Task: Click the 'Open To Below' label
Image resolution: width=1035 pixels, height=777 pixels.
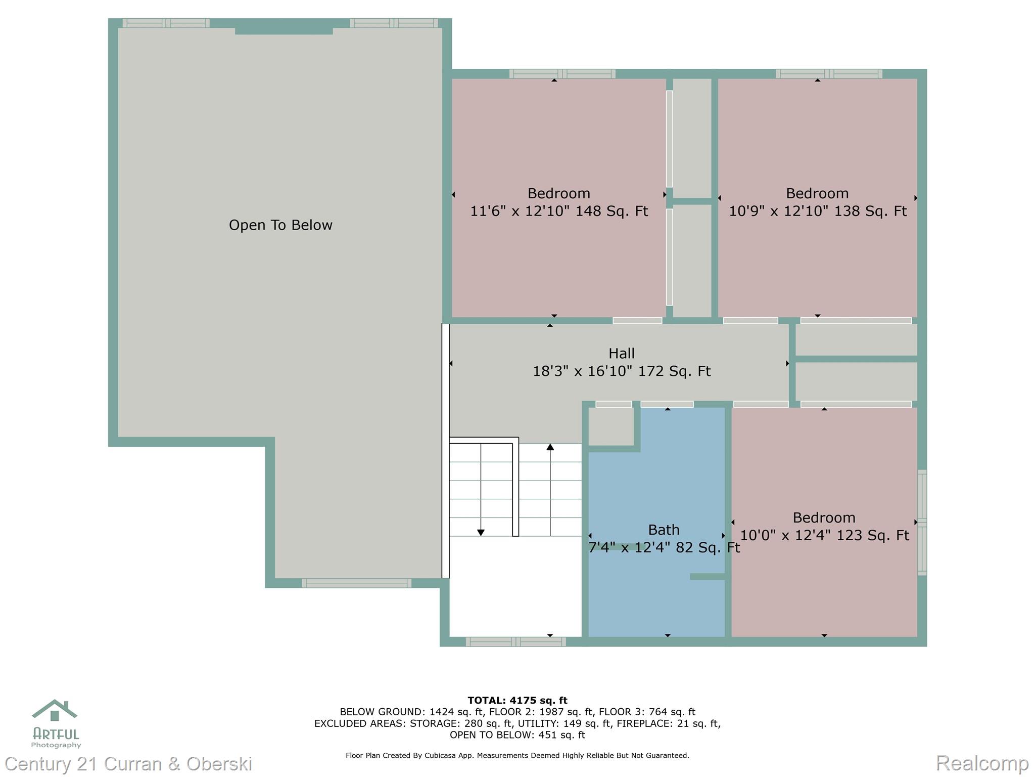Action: click(280, 225)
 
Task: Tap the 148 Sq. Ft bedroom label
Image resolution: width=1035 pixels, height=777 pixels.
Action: click(558, 202)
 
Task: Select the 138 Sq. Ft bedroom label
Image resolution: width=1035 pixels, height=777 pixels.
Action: click(817, 202)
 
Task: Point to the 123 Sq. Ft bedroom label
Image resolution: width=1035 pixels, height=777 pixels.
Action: click(824, 527)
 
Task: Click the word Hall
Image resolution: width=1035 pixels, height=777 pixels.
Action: click(621, 353)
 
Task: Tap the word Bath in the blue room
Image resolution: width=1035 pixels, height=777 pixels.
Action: click(664, 530)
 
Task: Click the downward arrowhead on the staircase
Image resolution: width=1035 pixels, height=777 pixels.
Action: click(481, 533)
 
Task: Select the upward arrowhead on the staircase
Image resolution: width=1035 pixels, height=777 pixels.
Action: click(550, 447)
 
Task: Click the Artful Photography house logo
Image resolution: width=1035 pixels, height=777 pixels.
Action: click(55, 711)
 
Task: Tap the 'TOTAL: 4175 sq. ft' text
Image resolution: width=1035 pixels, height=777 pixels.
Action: click(517, 700)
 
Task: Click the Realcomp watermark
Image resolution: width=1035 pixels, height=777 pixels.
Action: click(982, 763)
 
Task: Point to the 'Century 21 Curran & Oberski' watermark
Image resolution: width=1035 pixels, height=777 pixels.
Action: click(128, 763)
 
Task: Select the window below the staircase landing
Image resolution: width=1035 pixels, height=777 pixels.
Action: click(515, 642)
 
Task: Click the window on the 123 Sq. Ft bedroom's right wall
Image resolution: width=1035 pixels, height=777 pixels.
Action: click(922, 522)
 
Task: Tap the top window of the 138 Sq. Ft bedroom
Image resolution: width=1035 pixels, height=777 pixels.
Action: click(829, 74)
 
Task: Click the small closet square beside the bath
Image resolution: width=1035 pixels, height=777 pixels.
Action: click(611, 426)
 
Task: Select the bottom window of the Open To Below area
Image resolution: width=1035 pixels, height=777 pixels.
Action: click(356, 583)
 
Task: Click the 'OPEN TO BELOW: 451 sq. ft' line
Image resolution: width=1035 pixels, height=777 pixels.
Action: click(517, 735)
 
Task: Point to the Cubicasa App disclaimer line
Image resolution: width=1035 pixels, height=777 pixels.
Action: click(517, 755)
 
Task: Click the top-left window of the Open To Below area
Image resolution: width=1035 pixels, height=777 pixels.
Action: click(166, 23)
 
